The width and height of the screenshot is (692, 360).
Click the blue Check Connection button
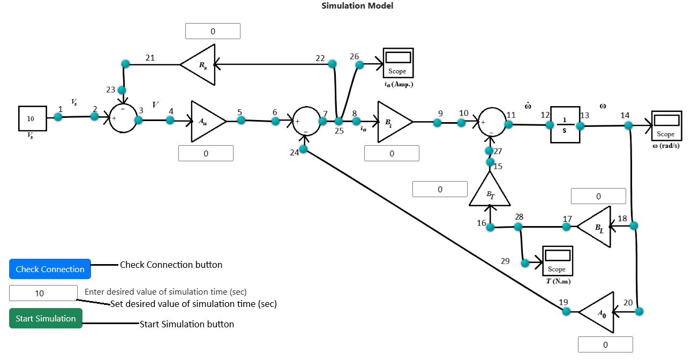[x=50, y=269]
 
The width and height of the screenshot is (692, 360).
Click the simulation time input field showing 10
[x=43, y=293]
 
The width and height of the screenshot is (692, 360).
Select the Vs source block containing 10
[x=31, y=118]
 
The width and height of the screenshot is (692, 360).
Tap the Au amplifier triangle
[x=206, y=121]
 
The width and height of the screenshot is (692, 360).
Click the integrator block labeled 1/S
[x=565, y=125]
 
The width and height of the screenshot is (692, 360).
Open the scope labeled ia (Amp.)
[x=398, y=63]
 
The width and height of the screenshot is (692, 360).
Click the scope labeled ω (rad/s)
[x=666, y=125]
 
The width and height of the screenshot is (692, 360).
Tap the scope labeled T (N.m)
[x=558, y=261]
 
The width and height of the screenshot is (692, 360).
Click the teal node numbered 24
[x=303, y=149]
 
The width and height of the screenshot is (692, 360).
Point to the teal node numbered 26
[x=359, y=65]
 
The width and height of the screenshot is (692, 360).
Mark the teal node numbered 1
[x=58, y=116]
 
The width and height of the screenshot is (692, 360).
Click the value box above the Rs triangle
[x=213, y=31]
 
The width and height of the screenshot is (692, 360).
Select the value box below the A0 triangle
[x=605, y=344]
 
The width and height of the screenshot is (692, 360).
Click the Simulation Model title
[x=357, y=6]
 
